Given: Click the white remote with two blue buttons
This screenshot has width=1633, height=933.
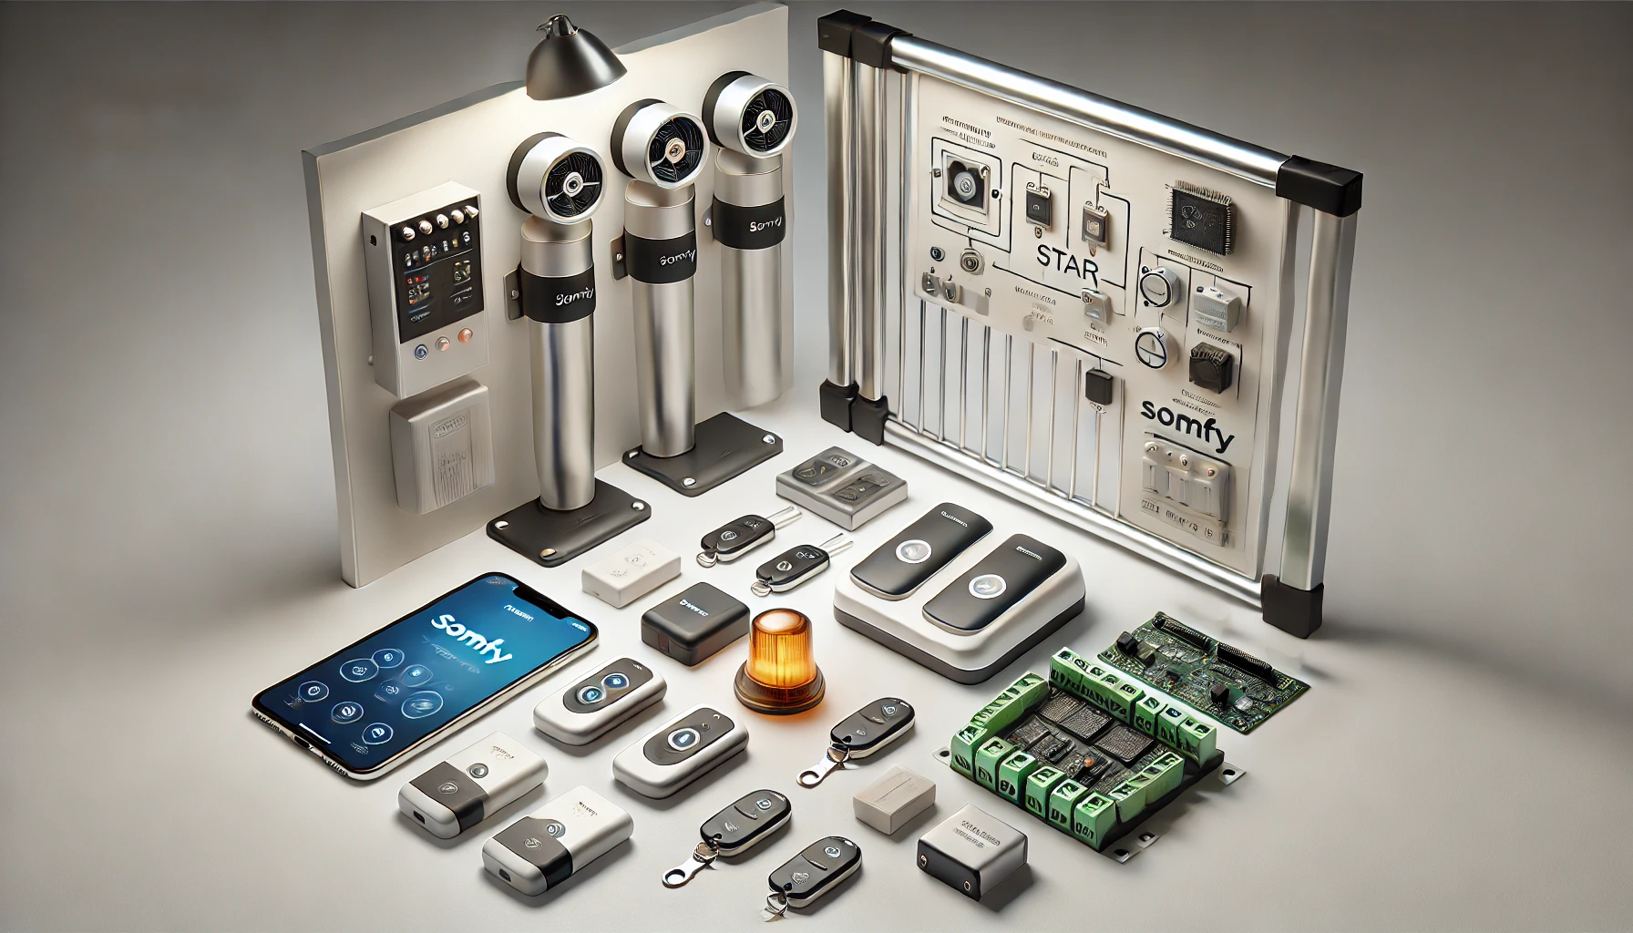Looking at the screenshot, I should [x=600, y=700].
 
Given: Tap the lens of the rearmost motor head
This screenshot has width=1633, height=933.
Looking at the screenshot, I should [x=755, y=118].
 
